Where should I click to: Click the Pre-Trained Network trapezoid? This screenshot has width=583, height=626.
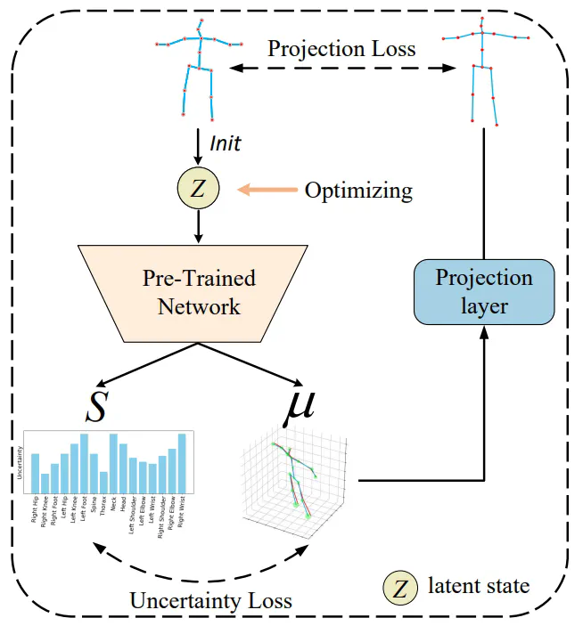pos(199,292)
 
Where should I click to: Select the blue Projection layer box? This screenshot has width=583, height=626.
pos(483,292)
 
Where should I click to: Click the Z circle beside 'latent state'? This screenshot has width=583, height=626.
pos(401,586)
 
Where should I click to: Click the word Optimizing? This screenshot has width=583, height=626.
pos(358,190)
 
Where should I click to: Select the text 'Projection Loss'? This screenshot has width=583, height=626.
pos(342,49)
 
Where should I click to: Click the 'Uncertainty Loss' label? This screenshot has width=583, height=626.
pos(210,600)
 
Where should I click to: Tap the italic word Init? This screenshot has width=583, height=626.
pos(224,142)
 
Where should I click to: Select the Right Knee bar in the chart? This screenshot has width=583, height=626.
pos(45,482)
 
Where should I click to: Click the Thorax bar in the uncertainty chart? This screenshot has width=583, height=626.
pos(103,481)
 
